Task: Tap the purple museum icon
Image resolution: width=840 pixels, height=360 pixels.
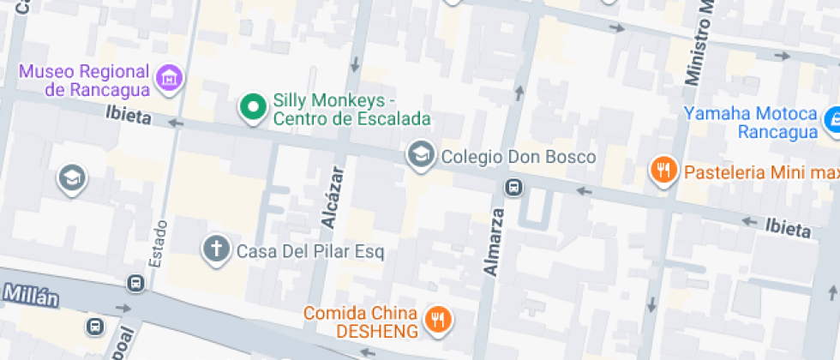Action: (x=171, y=78)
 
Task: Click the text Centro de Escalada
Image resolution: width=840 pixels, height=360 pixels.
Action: (x=351, y=118)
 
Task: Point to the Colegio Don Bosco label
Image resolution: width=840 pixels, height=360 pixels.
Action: (x=518, y=158)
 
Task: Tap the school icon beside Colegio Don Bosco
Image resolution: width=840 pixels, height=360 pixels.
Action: (x=420, y=155)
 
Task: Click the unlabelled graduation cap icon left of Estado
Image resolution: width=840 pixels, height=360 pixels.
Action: (x=72, y=178)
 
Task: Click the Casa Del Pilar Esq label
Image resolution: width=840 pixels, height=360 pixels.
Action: (x=310, y=252)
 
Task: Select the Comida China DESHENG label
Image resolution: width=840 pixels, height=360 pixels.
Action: (x=363, y=321)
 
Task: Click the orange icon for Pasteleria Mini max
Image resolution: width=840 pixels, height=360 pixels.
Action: (x=663, y=171)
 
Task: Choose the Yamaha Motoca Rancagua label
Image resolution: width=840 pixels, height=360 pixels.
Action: (x=751, y=123)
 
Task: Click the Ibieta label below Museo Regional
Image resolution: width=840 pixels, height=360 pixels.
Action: (x=129, y=115)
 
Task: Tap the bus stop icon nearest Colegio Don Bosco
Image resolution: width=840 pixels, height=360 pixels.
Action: (x=514, y=187)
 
